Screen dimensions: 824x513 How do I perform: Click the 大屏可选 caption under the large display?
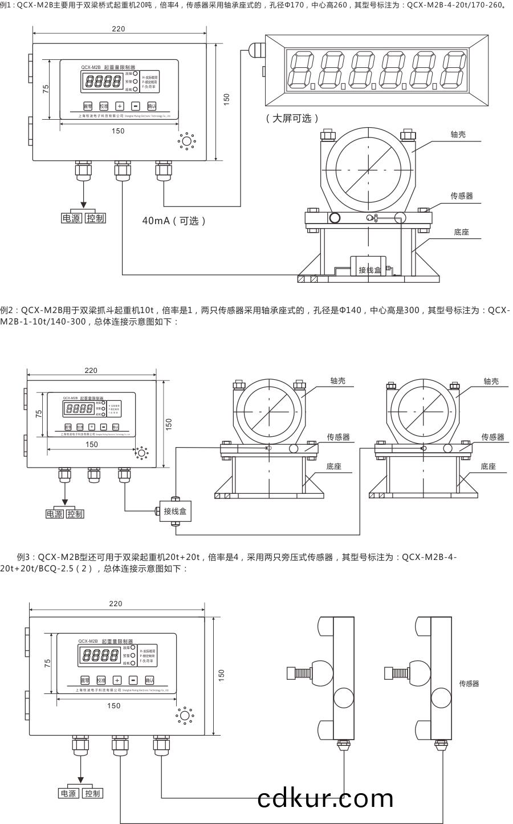pyautogui.click(x=292, y=118)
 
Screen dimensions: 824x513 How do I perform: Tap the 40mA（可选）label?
pyautogui.click(x=174, y=221)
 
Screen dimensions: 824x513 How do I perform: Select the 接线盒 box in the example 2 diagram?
pyautogui.click(x=175, y=511)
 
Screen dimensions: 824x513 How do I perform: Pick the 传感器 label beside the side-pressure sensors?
pyautogui.click(x=469, y=683)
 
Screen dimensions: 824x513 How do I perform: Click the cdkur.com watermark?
pyautogui.click(x=325, y=798)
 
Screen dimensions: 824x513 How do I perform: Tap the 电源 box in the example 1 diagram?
pyautogui.click(x=72, y=218)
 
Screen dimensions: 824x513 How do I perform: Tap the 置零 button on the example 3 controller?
pyautogui.click(x=85, y=680)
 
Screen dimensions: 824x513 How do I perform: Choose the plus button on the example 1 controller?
pyautogui.click(x=120, y=105)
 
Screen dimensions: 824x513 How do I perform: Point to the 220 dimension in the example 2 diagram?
pyautogui.click(x=91, y=370)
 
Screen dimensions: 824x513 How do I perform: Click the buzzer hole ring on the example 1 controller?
pyautogui.click(x=186, y=141)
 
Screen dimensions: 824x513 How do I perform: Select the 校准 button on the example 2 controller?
pyautogui.click(x=80, y=427)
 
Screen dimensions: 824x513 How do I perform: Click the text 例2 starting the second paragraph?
pyautogui.click(x=8, y=310)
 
